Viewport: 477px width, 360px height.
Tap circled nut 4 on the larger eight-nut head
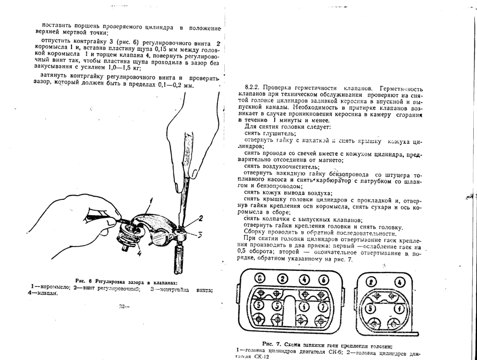(x=304, y=279)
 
